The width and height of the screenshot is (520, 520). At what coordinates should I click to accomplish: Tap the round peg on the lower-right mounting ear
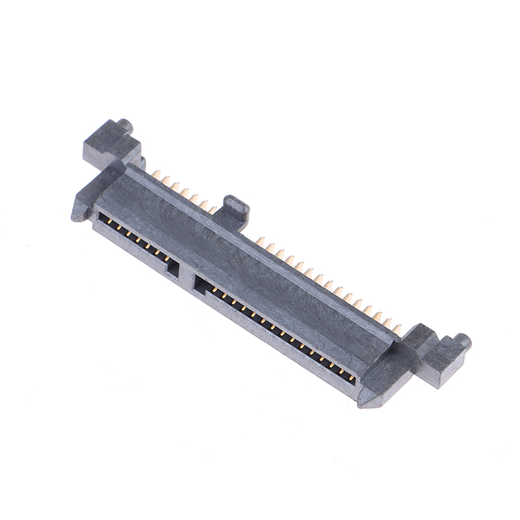[462, 341]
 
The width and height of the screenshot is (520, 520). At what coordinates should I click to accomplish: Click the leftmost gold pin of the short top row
[156, 174]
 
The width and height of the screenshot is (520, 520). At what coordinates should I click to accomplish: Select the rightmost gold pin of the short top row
[213, 209]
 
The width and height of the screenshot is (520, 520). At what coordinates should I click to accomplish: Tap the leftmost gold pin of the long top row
[259, 241]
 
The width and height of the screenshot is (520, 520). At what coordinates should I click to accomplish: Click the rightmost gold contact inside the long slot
[351, 378]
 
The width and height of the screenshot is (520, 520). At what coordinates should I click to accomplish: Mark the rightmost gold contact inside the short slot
[167, 259]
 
